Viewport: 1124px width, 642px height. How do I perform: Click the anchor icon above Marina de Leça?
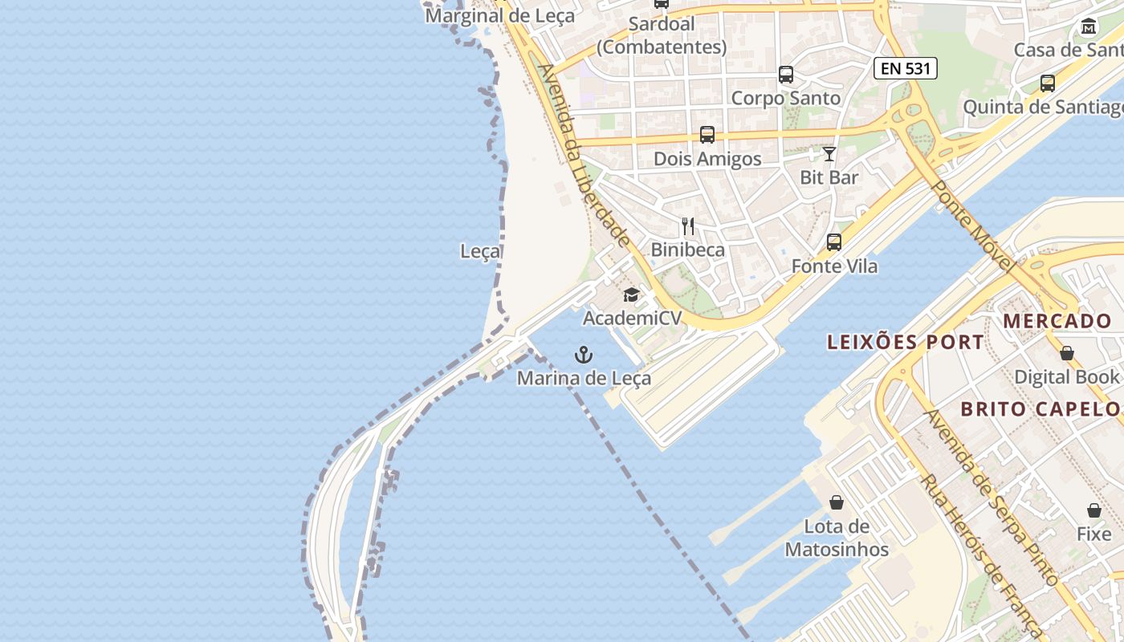click(584, 355)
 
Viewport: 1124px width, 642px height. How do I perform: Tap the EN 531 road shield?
click(906, 68)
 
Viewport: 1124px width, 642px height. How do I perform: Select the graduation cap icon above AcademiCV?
click(631, 295)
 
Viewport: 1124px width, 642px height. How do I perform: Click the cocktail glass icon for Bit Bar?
click(829, 154)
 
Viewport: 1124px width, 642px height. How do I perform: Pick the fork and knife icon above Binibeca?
click(688, 226)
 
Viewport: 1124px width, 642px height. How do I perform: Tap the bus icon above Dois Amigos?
click(707, 135)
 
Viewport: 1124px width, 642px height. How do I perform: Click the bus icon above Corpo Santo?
click(786, 75)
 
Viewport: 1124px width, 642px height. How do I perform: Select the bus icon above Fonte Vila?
click(834, 242)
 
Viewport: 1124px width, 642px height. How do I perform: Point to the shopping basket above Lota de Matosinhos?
click(837, 502)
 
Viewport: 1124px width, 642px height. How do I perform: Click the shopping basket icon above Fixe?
click(1094, 510)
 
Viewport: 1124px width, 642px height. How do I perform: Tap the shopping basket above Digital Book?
click(1067, 353)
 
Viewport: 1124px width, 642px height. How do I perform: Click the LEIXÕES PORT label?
click(906, 342)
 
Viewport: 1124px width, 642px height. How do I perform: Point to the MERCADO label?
click(1057, 321)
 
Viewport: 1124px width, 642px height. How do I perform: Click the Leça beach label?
click(480, 251)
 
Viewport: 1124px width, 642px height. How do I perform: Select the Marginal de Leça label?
click(499, 15)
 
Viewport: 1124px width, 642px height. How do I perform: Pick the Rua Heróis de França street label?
click(980, 555)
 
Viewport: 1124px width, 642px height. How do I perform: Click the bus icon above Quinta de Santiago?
click(1047, 83)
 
